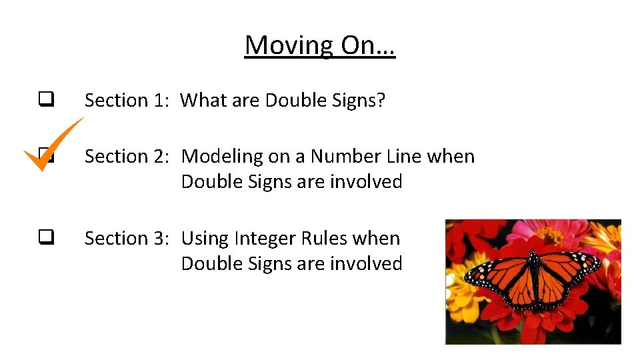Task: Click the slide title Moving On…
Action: [320, 45]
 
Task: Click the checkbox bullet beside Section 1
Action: [45, 100]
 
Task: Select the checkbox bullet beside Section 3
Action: [45, 237]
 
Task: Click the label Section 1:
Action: [127, 100]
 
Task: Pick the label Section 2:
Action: [127, 156]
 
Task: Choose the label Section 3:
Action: [127, 238]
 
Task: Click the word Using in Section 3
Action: [203, 239]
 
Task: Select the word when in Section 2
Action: [451, 156]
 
